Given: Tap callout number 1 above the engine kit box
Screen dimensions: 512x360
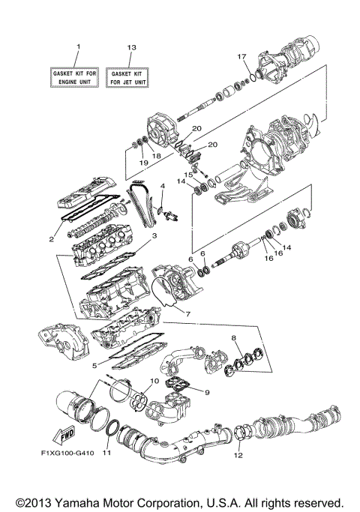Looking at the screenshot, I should coord(77,47).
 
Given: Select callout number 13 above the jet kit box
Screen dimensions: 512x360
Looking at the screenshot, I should coord(131,47).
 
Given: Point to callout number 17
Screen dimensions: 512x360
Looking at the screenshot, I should coord(241,57).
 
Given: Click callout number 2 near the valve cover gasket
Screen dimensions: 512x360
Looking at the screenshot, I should coord(51,239).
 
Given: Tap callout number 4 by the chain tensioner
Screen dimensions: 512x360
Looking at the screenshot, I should coord(163,185).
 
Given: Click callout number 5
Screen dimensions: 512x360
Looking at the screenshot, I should coord(94,365).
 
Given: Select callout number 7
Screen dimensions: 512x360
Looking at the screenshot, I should coord(187,314).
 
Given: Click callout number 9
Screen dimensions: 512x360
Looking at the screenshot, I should coord(207,391).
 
